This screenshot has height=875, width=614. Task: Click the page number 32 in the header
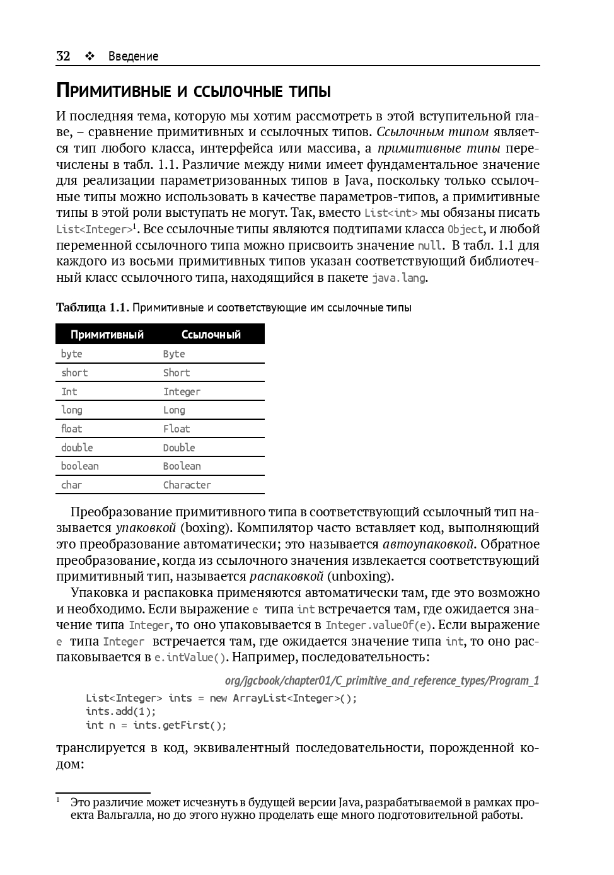63,56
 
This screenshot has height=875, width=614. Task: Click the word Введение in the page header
133,56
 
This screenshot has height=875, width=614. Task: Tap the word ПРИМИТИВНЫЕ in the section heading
113,91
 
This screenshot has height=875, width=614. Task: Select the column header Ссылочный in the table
211,334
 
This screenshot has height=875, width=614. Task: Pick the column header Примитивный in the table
107,334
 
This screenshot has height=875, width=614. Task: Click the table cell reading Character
187,485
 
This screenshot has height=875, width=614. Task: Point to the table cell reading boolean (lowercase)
80,466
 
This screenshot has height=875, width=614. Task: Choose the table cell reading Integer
182,391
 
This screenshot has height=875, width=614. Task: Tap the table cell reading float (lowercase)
72,429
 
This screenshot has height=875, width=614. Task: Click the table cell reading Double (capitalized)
179,448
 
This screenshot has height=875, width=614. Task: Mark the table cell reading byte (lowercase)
72,354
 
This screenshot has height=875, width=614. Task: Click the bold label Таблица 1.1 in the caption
92,308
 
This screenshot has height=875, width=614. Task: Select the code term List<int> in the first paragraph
391,213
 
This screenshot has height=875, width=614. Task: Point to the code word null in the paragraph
430,246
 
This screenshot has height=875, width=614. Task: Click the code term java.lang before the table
398,278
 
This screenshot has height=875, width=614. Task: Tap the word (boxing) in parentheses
206,528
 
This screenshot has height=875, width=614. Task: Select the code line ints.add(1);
120,711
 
